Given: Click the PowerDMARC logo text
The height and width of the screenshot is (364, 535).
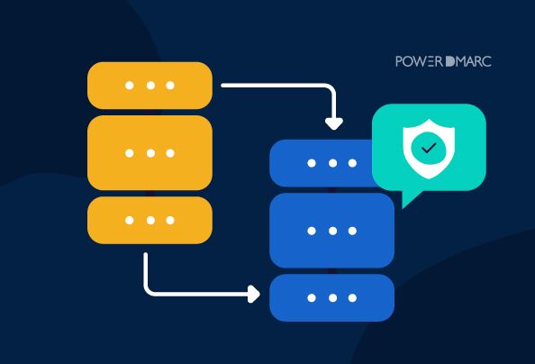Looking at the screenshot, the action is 443,61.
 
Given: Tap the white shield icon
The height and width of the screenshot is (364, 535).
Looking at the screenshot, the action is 429,149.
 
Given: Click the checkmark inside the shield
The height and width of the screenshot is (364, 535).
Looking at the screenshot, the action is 429,148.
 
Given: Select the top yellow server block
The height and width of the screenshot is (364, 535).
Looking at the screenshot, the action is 150,86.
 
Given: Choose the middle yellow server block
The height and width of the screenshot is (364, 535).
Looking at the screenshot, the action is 150,153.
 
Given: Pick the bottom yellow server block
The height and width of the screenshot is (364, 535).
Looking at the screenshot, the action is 150,220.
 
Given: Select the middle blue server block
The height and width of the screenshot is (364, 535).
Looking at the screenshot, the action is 332,231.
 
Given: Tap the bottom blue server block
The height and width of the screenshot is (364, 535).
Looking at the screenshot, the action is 332,297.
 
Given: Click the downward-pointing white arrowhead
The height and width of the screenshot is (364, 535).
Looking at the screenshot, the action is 334,123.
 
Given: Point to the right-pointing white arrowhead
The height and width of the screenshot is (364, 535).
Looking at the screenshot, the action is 253,294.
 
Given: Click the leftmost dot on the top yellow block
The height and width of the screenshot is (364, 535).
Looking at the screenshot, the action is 130,86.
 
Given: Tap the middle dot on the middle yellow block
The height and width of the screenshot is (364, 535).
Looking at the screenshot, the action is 150,153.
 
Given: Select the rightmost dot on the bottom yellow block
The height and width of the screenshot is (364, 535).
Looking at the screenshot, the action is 170,220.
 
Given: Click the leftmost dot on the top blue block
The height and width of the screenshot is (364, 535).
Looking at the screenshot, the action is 312,163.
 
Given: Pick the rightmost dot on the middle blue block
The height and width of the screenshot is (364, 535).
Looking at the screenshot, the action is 352,231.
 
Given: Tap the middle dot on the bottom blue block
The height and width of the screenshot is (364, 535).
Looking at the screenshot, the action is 332,297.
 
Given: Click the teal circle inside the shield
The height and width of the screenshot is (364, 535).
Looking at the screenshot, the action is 429,148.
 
